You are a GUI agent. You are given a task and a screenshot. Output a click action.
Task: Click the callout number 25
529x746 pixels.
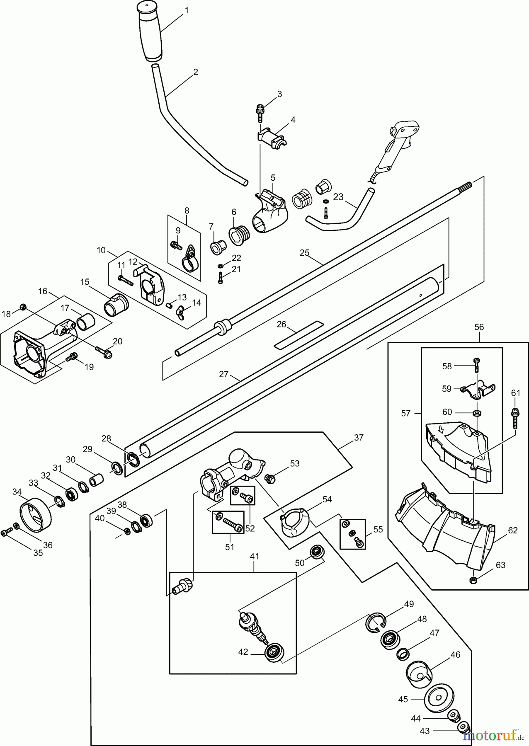[x=305, y=252]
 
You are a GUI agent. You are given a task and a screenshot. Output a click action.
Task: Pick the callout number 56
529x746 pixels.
[x=479, y=327]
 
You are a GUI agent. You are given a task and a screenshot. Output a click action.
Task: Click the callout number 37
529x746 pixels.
[x=359, y=438]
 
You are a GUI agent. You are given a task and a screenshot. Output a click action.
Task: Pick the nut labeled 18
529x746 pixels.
[x=24, y=307]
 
